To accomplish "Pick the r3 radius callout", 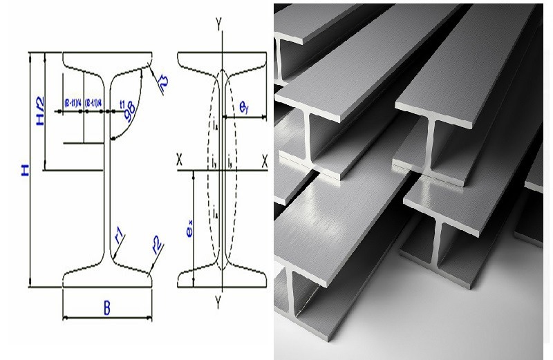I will click(x=163, y=84).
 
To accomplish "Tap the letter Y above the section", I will click(x=219, y=25).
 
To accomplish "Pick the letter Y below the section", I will click(x=219, y=302).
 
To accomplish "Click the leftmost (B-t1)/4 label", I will click(x=73, y=103).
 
